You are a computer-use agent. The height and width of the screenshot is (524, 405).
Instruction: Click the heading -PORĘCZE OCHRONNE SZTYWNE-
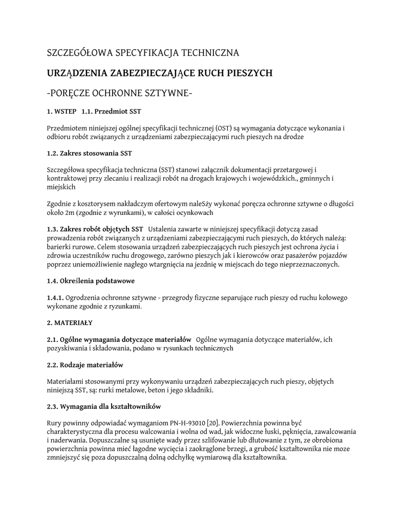(119, 94)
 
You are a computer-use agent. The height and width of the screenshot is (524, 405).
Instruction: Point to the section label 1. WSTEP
(61, 111)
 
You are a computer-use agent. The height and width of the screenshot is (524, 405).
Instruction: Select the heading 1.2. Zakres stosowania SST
(90, 153)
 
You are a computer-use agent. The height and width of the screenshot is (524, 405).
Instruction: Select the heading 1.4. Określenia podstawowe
(91, 281)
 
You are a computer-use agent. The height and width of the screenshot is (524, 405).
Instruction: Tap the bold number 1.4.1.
(55, 297)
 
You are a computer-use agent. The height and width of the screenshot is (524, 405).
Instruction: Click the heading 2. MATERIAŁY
(70, 323)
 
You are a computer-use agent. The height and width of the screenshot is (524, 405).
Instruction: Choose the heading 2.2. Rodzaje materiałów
(85, 365)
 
